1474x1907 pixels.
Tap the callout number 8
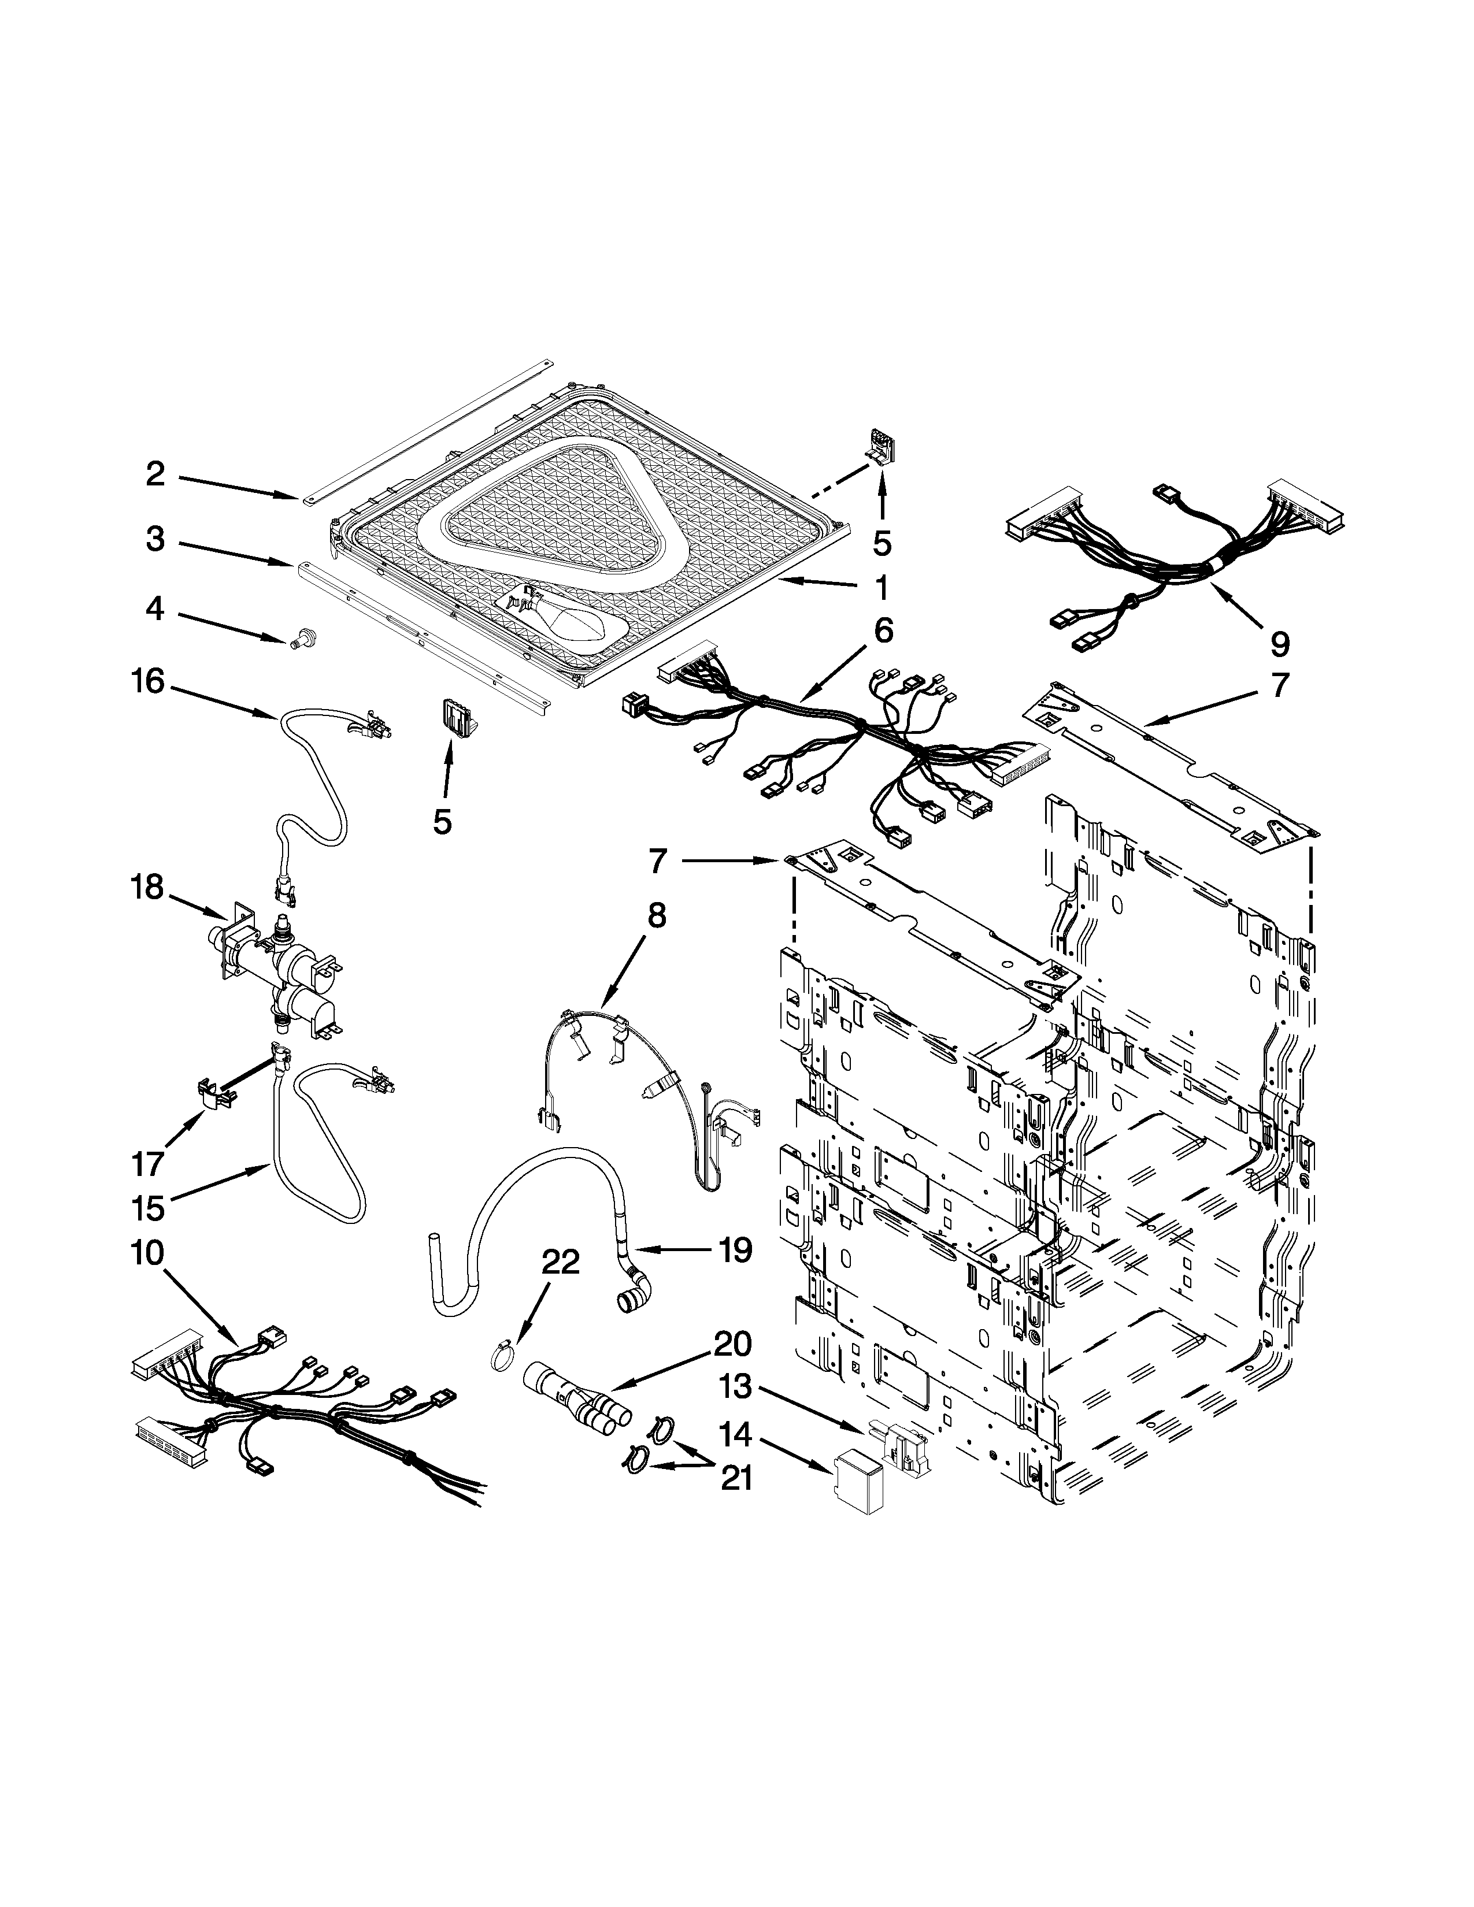click(657, 915)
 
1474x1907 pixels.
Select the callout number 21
click(735, 1478)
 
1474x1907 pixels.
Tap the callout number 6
click(883, 629)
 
